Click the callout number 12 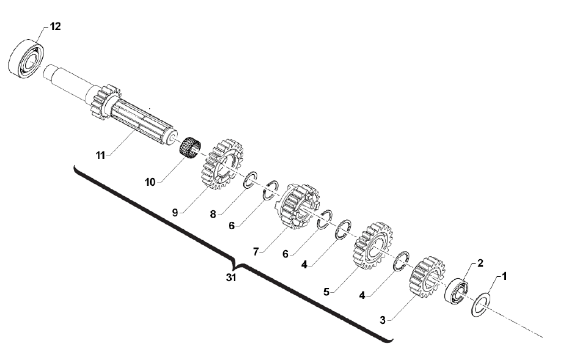pyautogui.click(x=56, y=26)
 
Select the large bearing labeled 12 pyautogui.click(x=26, y=58)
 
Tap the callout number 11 pyautogui.click(x=100, y=155)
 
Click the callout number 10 pyautogui.click(x=150, y=182)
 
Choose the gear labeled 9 pyautogui.click(x=223, y=164)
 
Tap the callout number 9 pyautogui.click(x=175, y=212)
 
